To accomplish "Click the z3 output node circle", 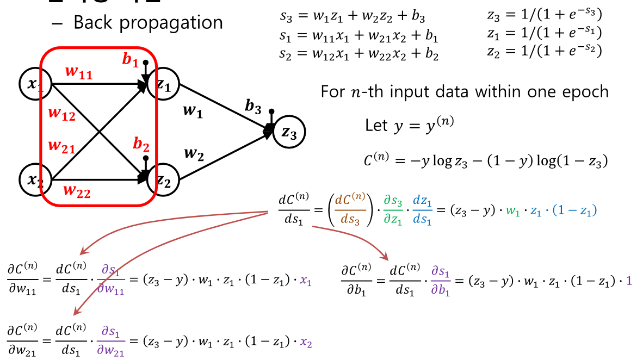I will click(x=289, y=132).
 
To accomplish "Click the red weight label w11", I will click(x=79, y=72).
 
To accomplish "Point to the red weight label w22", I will click(x=77, y=191).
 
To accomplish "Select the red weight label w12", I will click(x=61, y=114).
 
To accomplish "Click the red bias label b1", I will click(x=130, y=60).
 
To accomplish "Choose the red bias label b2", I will click(x=141, y=145).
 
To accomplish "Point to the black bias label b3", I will click(x=253, y=107).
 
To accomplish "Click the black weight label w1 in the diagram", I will click(x=193, y=113).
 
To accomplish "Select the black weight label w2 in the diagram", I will click(x=194, y=154).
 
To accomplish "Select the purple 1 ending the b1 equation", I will click(x=629, y=281).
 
